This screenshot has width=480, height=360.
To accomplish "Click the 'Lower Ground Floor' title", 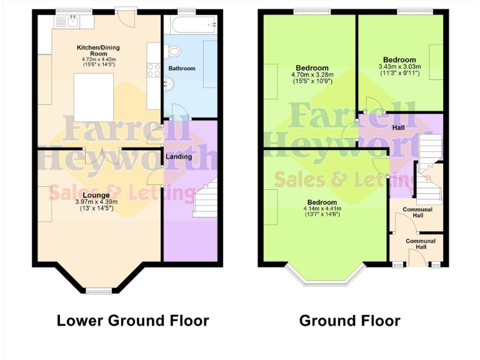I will [x=132, y=321].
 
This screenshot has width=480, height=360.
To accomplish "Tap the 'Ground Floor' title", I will [x=349, y=321].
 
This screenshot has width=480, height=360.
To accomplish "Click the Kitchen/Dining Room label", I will [x=98, y=51].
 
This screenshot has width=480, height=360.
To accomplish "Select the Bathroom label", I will [x=182, y=68].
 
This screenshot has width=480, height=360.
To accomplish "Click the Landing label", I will [x=179, y=157].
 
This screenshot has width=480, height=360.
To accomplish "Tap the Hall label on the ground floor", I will [x=398, y=127].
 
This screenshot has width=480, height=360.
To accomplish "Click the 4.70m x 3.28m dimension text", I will [x=312, y=76].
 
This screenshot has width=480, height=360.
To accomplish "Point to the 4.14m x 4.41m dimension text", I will [x=322, y=209].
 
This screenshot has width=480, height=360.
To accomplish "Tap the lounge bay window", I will [x=97, y=289].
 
